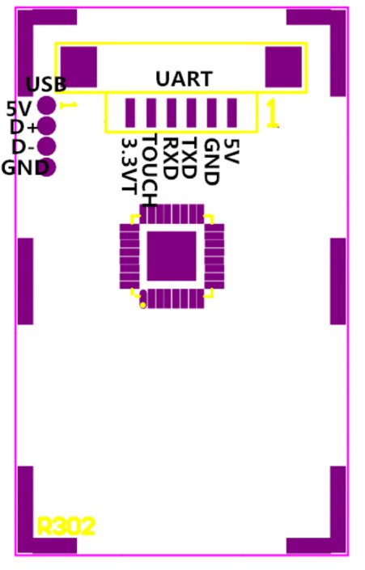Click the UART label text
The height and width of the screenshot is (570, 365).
coord(184,79)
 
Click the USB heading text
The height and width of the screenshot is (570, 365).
coord(46,84)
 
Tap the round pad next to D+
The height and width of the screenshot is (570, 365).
coord(47,126)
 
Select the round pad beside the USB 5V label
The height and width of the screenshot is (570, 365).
coord(47,105)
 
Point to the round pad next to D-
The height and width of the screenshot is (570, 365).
coord(47,146)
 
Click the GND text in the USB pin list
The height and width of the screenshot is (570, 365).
coord(25,167)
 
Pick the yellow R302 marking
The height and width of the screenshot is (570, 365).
coord(66,526)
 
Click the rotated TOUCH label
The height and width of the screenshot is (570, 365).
coord(150,170)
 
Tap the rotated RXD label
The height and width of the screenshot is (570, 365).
coord(170,158)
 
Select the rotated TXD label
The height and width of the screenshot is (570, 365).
coord(189,158)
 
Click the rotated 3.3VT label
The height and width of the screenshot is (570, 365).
coord(129,164)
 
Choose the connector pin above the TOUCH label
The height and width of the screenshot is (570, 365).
coord(151,112)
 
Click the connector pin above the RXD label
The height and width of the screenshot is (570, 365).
coord(172,112)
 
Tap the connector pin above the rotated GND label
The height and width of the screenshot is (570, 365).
coord(212,112)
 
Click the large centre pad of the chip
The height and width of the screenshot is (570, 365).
coord(172,256)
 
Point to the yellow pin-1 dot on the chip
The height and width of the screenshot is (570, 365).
coord(143,305)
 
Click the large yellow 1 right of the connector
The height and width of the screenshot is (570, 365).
coord(272,113)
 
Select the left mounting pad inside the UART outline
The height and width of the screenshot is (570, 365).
coord(79,67)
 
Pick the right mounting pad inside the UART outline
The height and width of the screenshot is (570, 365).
coord(283,67)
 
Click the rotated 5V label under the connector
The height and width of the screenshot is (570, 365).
coord(231,151)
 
